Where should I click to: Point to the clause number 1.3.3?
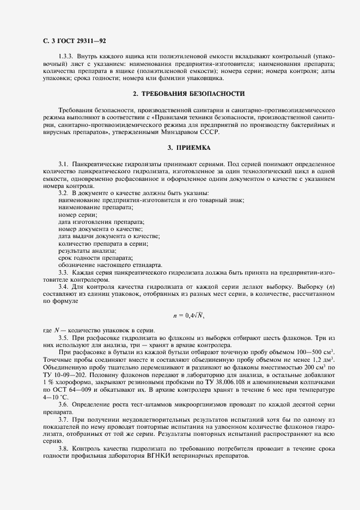click(x=67, y=57)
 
